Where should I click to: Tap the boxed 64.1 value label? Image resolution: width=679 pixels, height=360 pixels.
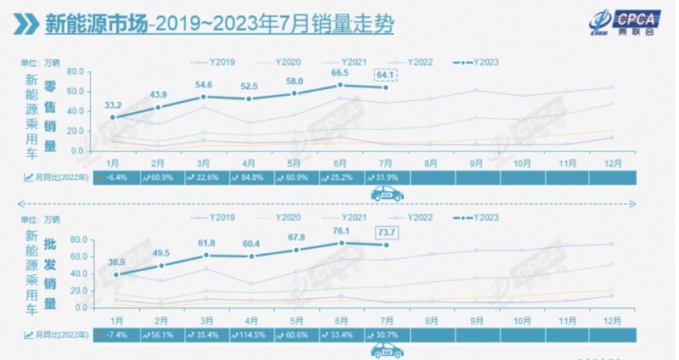pos(386,74)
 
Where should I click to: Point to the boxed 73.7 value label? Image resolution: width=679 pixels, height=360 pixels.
pos(386,233)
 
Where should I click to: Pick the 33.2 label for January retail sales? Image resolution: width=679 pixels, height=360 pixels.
pos(113,105)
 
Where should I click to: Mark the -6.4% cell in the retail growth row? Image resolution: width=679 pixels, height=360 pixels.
pos(112,177)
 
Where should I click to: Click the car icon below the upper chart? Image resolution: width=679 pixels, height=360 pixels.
pos(387,194)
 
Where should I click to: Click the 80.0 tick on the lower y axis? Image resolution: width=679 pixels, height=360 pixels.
pos(79,240)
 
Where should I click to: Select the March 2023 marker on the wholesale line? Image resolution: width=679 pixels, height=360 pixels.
pos(205,255)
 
